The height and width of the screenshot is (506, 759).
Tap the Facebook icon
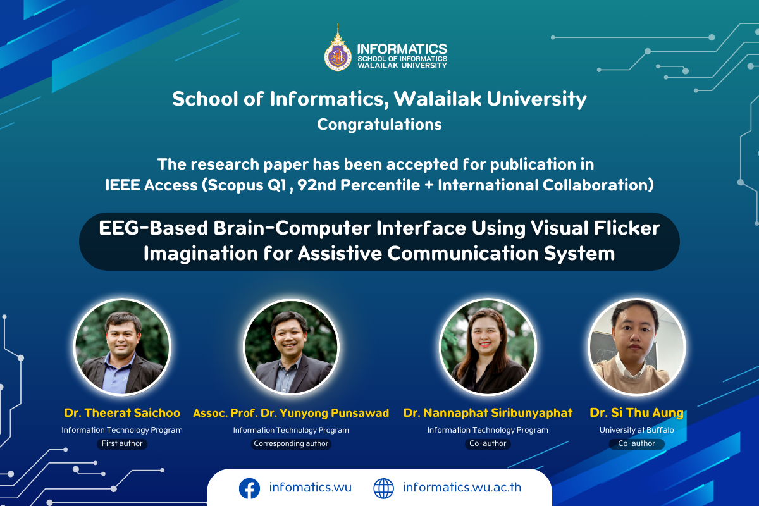[x=249, y=488]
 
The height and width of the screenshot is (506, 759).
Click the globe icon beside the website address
[x=383, y=488]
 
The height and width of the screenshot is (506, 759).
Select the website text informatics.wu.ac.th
[x=462, y=488]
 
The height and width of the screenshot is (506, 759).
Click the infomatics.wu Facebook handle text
[x=310, y=488]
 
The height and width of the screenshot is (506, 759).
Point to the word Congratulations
[x=379, y=125]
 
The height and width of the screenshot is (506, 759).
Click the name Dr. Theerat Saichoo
[x=122, y=413]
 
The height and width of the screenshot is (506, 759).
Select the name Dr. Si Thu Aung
[x=636, y=413]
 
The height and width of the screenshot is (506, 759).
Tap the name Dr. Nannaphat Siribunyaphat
[x=488, y=413]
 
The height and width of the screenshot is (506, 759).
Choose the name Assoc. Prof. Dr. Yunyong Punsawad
[x=291, y=413]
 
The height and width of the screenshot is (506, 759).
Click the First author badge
[x=122, y=443]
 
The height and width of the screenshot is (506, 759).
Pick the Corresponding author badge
[x=291, y=443]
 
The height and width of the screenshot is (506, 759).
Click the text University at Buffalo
[x=636, y=430]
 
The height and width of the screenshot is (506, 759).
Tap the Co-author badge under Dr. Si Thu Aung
[x=636, y=443]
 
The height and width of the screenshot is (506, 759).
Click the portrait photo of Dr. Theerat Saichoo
[x=122, y=347]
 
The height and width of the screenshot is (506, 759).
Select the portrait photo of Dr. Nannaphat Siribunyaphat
[x=488, y=347]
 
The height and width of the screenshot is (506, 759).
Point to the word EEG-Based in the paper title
[x=153, y=228]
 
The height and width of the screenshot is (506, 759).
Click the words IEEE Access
[x=151, y=185]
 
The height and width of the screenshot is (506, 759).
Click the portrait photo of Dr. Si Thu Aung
[x=637, y=347]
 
